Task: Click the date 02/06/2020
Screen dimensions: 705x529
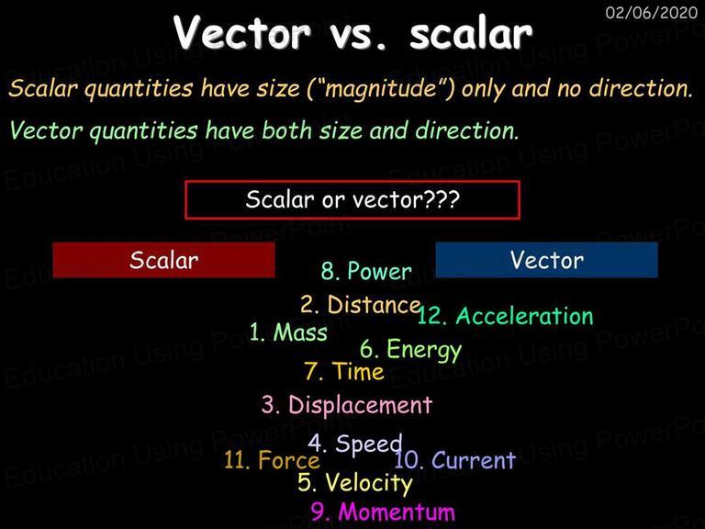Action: point(652,12)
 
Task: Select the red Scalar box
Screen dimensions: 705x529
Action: point(163,260)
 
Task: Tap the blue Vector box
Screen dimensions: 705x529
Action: point(547,260)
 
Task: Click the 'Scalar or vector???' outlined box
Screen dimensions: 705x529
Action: point(352,199)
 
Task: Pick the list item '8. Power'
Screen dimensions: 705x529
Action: point(366,271)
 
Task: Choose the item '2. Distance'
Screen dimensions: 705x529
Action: point(361,305)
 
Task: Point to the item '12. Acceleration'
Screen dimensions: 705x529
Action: point(506,316)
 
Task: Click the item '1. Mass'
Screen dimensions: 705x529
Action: point(288,332)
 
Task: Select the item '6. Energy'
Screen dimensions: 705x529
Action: point(410,350)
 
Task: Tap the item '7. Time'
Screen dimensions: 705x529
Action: point(344,372)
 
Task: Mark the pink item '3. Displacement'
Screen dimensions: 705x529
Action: point(347,405)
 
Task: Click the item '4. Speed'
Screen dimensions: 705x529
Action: point(355,445)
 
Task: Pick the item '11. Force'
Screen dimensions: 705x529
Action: point(272,460)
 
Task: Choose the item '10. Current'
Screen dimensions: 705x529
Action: point(455,460)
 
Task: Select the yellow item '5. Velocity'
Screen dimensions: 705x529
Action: point(355,483)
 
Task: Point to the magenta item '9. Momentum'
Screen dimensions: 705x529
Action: point(383,512)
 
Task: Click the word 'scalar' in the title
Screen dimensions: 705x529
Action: point(470,33)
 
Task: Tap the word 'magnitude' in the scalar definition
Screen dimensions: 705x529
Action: point(381,88)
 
